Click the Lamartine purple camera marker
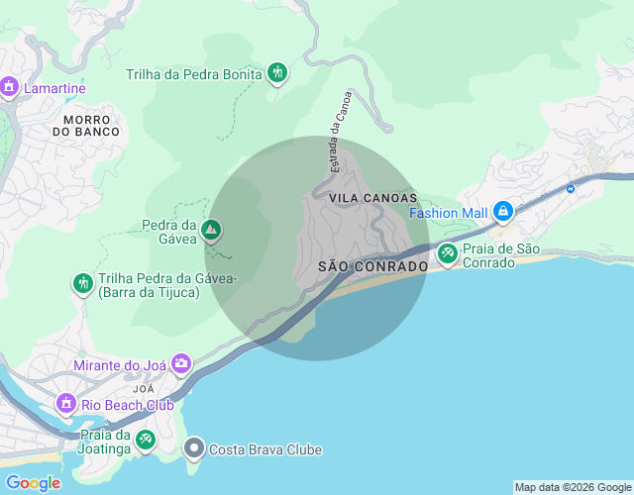coord(10,88)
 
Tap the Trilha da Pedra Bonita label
coord(194,73)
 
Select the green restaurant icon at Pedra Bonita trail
coord(277,73)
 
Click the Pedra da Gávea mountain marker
coord(210,231)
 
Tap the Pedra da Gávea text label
coord(165,231)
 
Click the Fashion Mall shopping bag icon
coord(503,212)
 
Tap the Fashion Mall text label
coord(449,213)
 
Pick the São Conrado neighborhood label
coord(372,266)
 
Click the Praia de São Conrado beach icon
coord(448,254)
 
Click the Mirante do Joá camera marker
coord(181,364)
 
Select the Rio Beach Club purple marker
coord(66,404)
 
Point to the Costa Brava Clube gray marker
coord(194,449)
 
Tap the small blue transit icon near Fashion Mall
coord(571,188)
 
